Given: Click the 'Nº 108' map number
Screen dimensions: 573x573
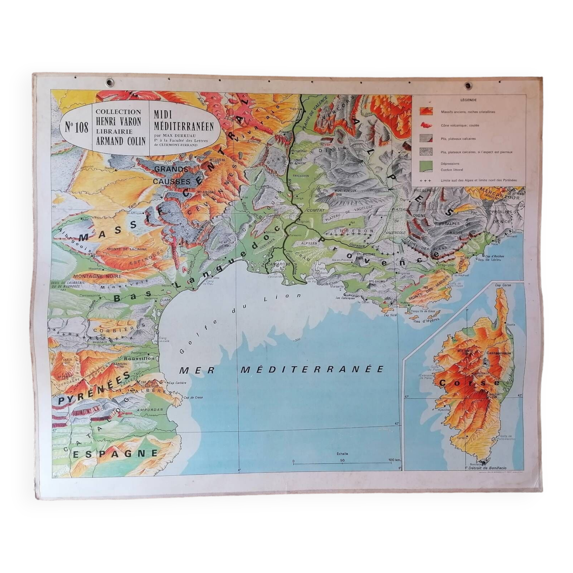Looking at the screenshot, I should pos(76,127).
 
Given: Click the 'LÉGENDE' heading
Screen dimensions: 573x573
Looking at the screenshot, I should pos(468,100).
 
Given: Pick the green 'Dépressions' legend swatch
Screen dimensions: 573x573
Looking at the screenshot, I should pos(426,166).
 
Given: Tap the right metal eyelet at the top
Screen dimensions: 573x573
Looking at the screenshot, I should pos(468,86).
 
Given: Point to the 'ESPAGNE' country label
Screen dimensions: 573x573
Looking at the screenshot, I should pos(115,453).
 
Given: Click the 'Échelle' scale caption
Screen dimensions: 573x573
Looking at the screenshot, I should pos(343,454).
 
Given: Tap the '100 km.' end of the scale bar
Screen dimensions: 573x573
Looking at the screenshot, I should pos(395,460).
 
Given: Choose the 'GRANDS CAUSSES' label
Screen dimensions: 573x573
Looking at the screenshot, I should pos(172,175).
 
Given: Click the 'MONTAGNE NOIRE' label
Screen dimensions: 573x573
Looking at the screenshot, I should pos(97,276).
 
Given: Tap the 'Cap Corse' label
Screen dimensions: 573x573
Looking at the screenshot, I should pos(503,285).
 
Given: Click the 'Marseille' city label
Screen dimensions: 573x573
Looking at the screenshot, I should pos(337,286).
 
